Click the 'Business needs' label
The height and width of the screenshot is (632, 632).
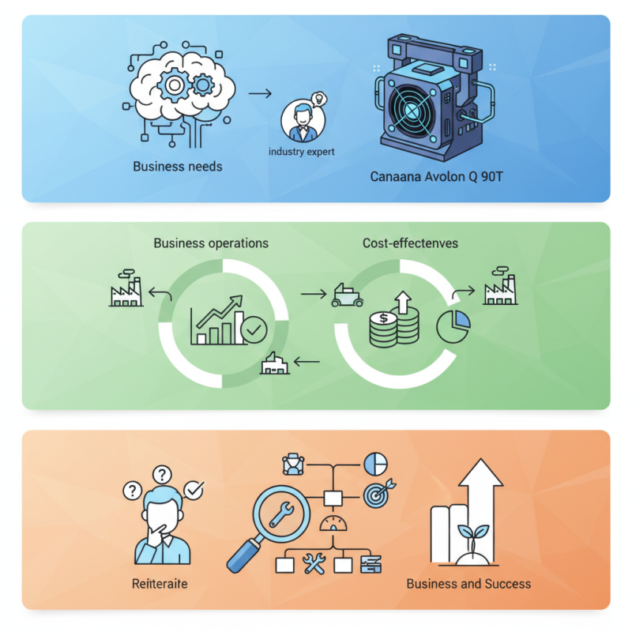177,167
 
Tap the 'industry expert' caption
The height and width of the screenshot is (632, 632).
302,152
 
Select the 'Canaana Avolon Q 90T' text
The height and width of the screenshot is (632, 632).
437,176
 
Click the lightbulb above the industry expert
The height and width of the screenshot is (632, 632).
319,99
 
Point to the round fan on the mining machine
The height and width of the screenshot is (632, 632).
411,111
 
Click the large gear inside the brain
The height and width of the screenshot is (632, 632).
174,85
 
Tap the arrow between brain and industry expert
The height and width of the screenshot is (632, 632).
260,94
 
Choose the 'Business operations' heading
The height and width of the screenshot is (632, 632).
211,243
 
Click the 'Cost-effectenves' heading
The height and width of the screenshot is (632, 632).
410,243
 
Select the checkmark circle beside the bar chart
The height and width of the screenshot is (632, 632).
254,329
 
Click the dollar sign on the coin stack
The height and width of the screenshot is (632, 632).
383,318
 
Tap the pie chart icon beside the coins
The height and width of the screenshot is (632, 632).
453,326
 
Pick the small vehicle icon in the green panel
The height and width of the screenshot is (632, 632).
347,295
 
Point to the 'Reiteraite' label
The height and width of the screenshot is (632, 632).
160,584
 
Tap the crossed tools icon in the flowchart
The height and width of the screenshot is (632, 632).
314,563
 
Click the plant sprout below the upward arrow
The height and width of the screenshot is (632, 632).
473,538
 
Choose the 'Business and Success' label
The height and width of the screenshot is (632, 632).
468,584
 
